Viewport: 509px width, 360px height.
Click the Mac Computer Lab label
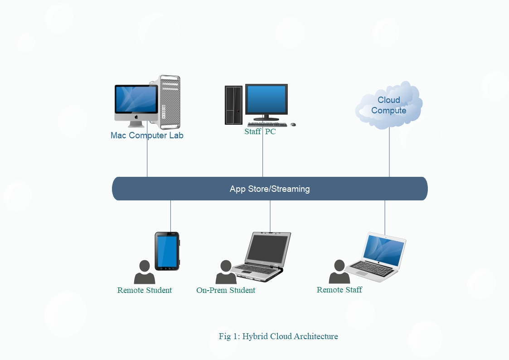(147, 136)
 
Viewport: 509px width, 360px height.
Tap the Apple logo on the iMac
(136, 117)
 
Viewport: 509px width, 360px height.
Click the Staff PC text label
(260, 132)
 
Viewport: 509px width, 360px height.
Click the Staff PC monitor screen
(266, 100)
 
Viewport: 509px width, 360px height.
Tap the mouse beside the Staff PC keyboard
(293, 124)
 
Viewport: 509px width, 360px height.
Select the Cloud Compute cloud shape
(389, 105)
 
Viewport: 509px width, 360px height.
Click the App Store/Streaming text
(270, 189)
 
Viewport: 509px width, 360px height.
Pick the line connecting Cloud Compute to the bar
(389, 152)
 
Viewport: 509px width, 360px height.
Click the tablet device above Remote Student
(167, 251)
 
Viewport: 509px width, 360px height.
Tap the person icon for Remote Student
(145, 272)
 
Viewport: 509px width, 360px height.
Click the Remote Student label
(145, 290)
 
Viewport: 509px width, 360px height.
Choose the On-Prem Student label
(226, 290)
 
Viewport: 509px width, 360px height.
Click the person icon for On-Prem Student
(226, 272)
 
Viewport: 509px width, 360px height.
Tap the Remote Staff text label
(339, 290)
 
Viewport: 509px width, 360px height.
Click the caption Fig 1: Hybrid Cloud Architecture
(278, 336)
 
